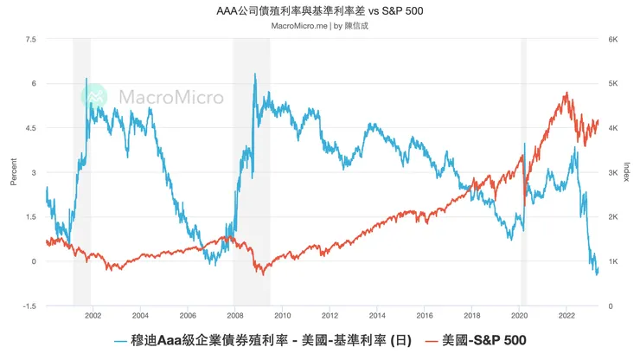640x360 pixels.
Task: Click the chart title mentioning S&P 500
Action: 319,11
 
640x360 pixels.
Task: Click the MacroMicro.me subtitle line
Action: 319,26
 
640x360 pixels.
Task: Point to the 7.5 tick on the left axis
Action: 31,40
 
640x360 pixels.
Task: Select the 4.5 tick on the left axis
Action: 31,128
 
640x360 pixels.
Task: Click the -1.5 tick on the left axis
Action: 30,306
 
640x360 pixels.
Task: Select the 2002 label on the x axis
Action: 93,317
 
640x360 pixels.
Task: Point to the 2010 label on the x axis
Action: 282,317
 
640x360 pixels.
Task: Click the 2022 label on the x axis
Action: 566,317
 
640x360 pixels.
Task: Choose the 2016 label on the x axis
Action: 424,317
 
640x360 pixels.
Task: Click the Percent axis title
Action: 13,173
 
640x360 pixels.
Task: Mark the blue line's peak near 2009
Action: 254,74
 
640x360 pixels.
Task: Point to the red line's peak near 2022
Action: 566,93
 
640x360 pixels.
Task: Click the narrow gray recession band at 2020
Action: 523,173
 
